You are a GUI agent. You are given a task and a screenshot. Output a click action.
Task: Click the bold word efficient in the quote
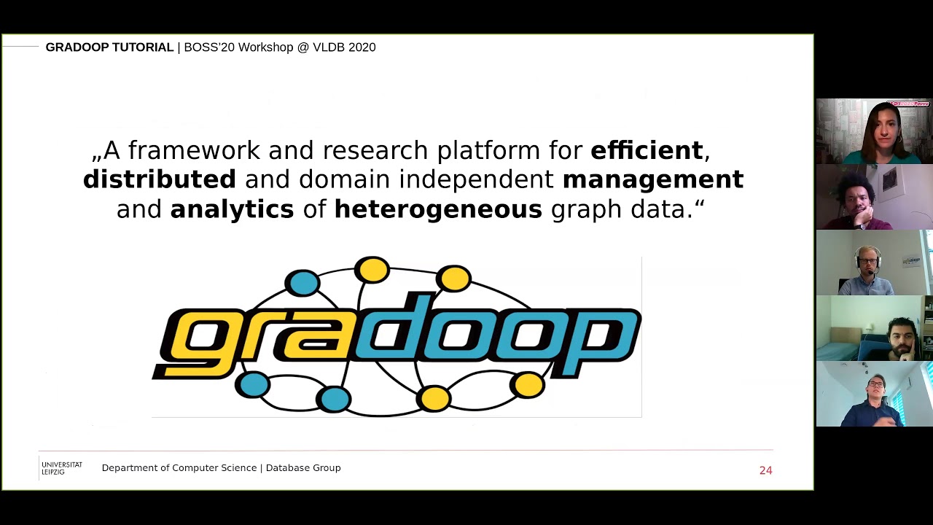point(647,150)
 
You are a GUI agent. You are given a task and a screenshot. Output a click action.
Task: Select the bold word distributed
point(159,179)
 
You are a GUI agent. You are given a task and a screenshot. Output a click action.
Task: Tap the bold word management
point(652,179)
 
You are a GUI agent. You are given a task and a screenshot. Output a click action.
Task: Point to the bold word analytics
point(232,209)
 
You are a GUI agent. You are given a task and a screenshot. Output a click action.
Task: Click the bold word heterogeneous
point(438,209)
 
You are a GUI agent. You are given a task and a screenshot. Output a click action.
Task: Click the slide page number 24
point(765,470)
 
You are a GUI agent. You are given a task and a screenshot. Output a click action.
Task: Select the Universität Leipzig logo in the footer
point(61,468)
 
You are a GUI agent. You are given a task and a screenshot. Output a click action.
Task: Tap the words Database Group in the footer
point(303,468)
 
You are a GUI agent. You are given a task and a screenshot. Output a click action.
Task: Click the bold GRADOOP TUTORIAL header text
point(109,47)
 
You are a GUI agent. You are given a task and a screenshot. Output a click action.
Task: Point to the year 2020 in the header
point(362,47)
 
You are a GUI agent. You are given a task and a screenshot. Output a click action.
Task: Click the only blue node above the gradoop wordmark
point(302,282)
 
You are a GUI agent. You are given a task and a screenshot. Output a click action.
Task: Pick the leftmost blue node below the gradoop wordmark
point(253,384)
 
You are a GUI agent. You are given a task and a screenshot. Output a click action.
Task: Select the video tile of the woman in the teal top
point(874,131)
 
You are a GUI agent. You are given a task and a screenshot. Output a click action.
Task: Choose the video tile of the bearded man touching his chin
point(874,328)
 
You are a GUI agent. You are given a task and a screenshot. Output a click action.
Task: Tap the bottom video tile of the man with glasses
point(874,394)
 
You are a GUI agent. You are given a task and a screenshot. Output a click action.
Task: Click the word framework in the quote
point(194,150)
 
